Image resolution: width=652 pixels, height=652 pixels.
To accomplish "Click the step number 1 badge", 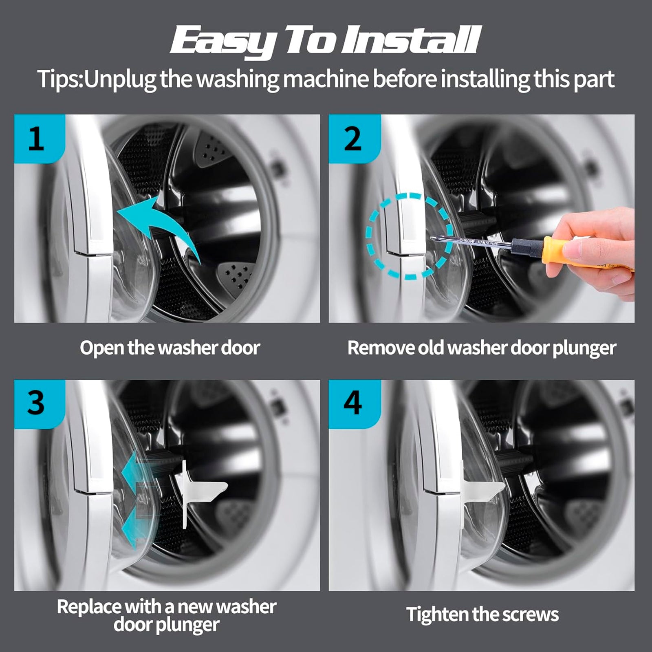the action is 40,139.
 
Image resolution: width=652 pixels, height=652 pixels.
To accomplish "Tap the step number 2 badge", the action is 355,139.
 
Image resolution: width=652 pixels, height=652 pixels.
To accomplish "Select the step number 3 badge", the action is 40,404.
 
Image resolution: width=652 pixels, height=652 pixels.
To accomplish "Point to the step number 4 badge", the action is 355,404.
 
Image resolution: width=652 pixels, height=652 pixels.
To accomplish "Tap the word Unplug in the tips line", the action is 120,79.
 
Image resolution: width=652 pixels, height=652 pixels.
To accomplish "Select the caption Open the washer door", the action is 170,348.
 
